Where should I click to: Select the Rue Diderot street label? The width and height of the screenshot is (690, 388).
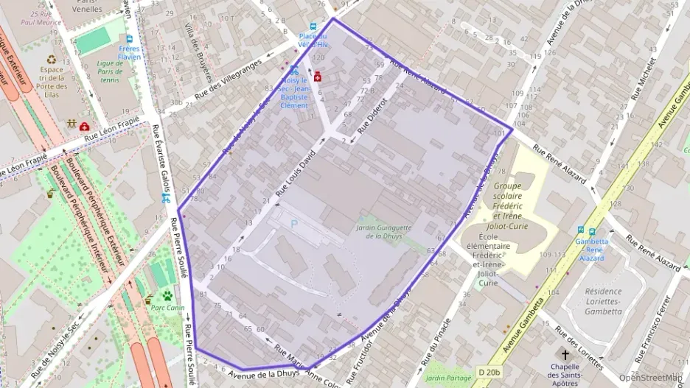372,115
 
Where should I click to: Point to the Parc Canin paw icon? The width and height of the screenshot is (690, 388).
167,295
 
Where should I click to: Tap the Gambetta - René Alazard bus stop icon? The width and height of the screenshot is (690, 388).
582,230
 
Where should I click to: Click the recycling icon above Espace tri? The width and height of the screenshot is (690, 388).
52,60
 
